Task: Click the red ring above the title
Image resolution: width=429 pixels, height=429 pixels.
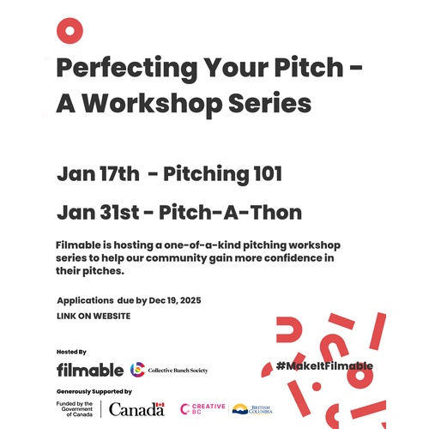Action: coord(69,31)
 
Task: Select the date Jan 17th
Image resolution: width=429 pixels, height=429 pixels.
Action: coord(97,174)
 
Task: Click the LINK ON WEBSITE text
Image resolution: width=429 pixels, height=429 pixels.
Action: coord(93,316)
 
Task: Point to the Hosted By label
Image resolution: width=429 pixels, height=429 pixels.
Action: coord(71,352)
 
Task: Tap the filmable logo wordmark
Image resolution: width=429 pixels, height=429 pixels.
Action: coord(89,370)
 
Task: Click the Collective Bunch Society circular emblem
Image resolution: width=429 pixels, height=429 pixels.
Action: coord(137,370)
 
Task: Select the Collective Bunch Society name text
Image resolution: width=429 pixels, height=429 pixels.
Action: coord(178,371)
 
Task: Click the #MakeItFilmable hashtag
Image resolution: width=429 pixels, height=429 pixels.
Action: coord(324,366)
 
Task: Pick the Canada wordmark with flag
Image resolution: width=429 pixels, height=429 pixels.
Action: coord(137,408)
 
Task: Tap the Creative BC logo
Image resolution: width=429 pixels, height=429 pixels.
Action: coord(202,408)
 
